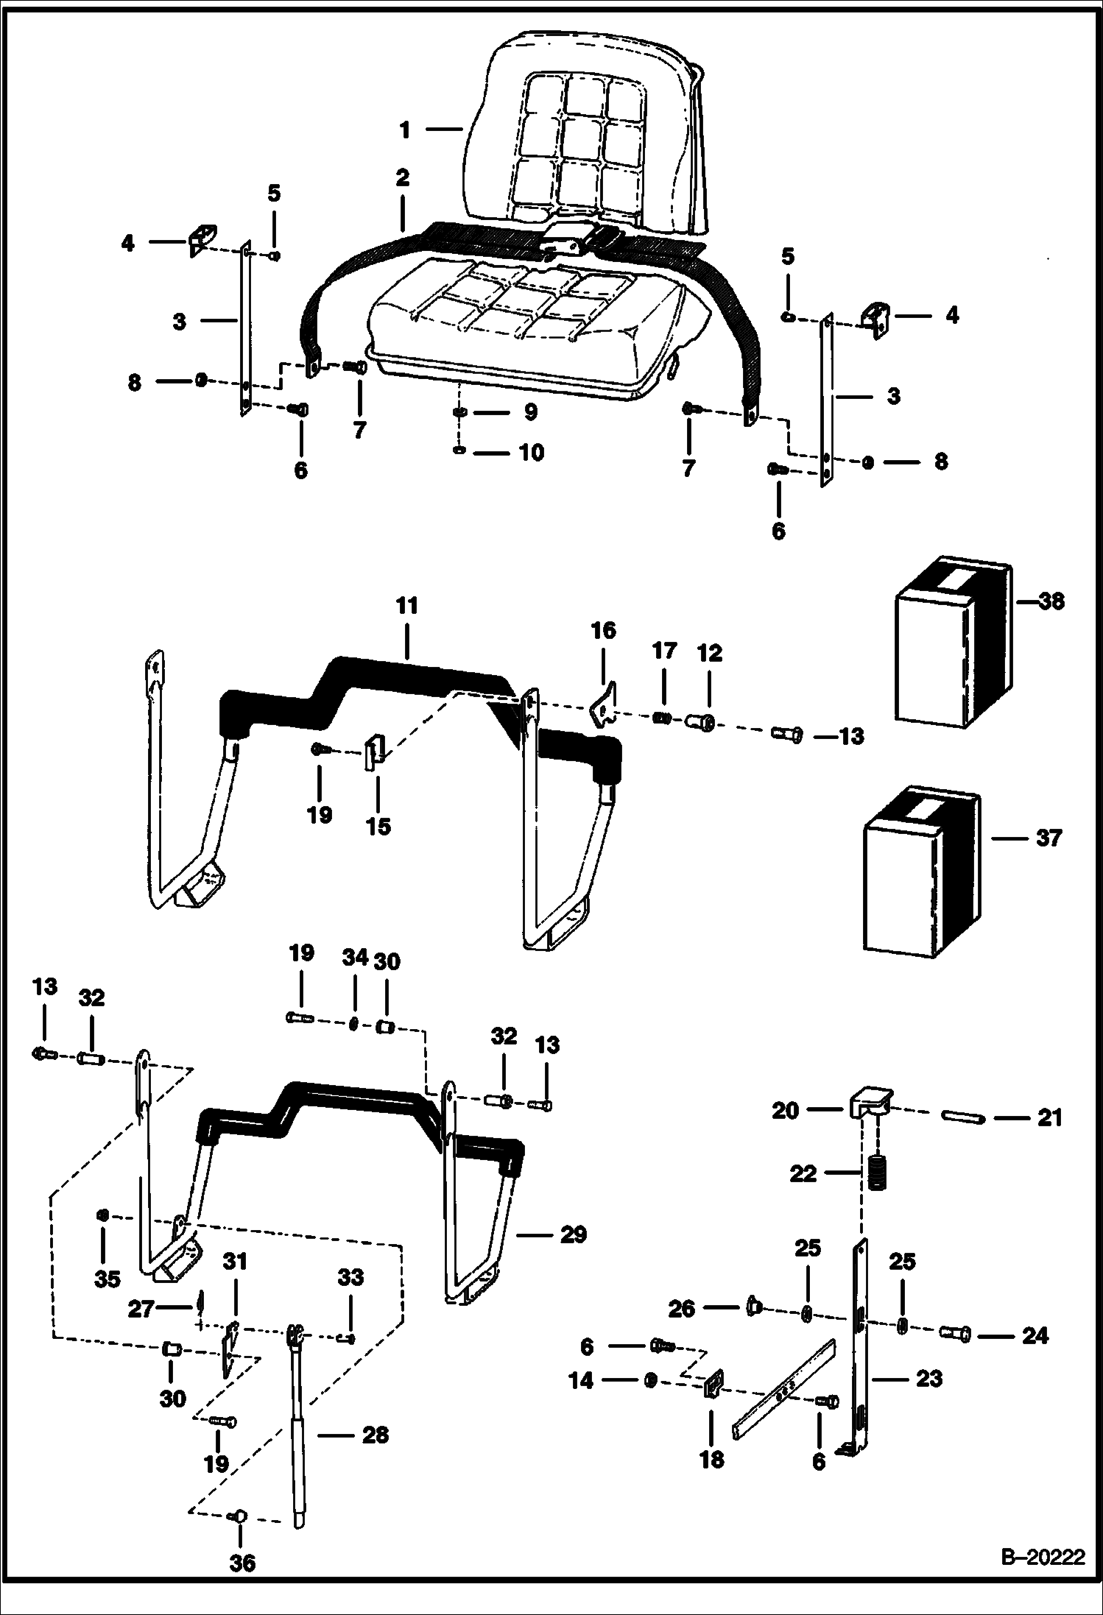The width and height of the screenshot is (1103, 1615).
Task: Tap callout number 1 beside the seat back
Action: [x=404, y=130]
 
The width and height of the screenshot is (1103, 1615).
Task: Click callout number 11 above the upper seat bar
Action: [x=406, y=606]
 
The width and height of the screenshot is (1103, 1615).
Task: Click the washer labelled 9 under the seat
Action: [x=459, y=412]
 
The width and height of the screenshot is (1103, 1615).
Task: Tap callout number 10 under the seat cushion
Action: [x=531, y=451]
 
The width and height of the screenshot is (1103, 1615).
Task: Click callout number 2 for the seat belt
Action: [x=402, y=177]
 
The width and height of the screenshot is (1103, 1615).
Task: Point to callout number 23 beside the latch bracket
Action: [x=928, y=1378]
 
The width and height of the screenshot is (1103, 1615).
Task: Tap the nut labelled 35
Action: [x=104, y=1214]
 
